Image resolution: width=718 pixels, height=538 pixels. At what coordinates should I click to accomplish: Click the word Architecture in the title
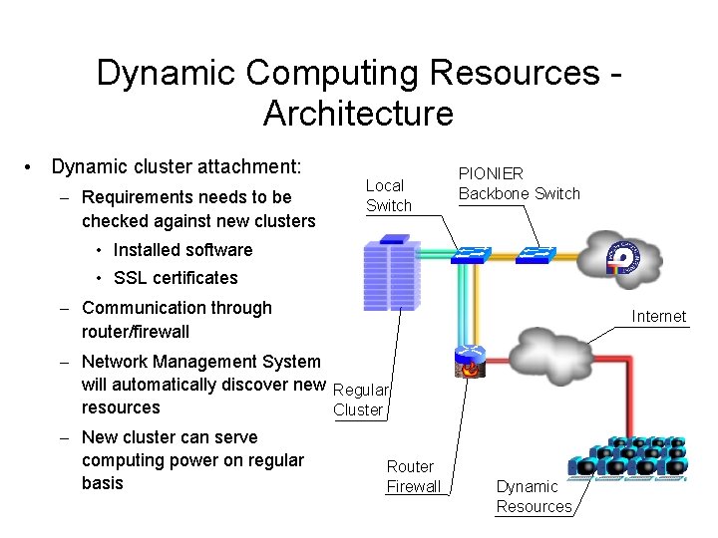358,114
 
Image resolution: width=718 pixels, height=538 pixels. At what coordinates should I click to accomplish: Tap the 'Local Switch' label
388,195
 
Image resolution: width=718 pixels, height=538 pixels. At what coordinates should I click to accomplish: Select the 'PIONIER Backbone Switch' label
518,183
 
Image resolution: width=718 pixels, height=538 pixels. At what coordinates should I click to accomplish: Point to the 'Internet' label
658,317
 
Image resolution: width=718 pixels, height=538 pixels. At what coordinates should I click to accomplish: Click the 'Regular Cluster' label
360,400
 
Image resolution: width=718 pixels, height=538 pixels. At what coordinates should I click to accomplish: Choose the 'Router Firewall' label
413,476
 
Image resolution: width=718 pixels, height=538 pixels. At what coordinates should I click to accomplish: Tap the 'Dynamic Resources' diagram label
534,496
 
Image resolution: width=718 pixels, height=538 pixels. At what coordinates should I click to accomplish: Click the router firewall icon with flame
469,362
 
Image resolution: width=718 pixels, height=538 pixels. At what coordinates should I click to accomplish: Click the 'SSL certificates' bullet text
176,278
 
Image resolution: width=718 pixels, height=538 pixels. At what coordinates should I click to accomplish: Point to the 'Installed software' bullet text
182,250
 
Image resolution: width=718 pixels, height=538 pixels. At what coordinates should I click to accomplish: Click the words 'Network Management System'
201,362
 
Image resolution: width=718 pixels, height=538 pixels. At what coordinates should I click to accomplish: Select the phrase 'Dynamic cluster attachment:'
176,167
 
